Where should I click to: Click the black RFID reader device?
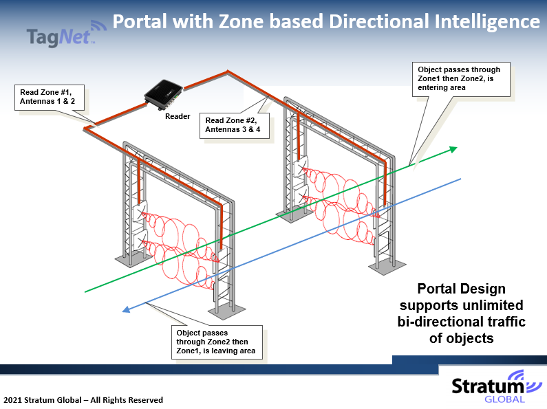[164, 95]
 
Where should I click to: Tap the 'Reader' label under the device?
[178, 116]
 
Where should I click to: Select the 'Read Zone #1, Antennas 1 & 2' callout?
[50, 97]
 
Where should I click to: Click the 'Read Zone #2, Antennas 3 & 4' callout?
[235, 125]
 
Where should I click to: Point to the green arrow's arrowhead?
[453, 149]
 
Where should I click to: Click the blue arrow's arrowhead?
[127, 309]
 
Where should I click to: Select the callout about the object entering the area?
[461, 79]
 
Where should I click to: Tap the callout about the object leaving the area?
[217, 342]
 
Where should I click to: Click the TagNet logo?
[66, 34]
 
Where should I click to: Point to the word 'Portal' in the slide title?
[140, 21]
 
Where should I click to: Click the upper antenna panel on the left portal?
[140, 212]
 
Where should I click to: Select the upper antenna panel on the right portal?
[301, 166]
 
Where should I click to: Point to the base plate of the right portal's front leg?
[387, 267]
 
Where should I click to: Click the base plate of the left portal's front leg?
[227, 311]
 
